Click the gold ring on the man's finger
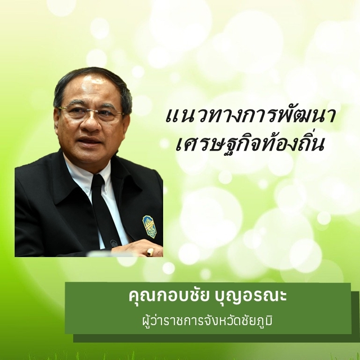tap(150, 252)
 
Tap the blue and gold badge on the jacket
tap(150, 227)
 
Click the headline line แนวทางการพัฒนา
tap(250, 115)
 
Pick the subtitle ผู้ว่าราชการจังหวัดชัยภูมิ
tap(207, 321)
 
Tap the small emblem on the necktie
tap(113, 243)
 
